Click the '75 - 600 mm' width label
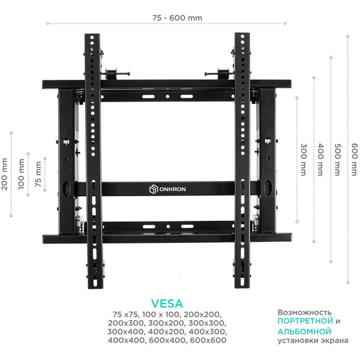[x=177, y=17]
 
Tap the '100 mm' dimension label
[x=22, y=174]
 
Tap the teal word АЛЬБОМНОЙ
[x=305, y=331]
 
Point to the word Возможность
[x=304, y=313]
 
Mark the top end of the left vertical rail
[x=92, y=35]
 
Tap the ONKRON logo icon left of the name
[x=152, y=189]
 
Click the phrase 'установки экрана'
[x=312, y=341]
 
